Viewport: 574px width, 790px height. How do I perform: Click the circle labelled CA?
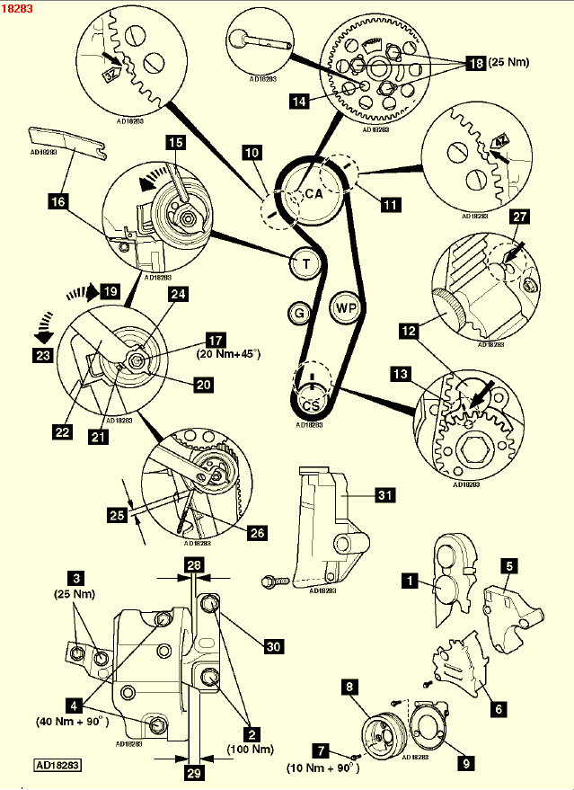(313, 193)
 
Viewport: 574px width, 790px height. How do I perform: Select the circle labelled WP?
(346, 307)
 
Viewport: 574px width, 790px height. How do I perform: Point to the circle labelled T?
(306, 263)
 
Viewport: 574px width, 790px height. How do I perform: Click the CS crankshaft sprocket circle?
(311, 404)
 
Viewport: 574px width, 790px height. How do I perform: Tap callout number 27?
(519, 217)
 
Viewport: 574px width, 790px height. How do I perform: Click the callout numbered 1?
(411, 581)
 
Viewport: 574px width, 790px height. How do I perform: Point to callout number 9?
(465, 763)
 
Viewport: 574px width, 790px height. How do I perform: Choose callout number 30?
(272, 644)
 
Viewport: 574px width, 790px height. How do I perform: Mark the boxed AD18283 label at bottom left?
(58, 767)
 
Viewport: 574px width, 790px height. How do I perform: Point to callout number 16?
(58, 202)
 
